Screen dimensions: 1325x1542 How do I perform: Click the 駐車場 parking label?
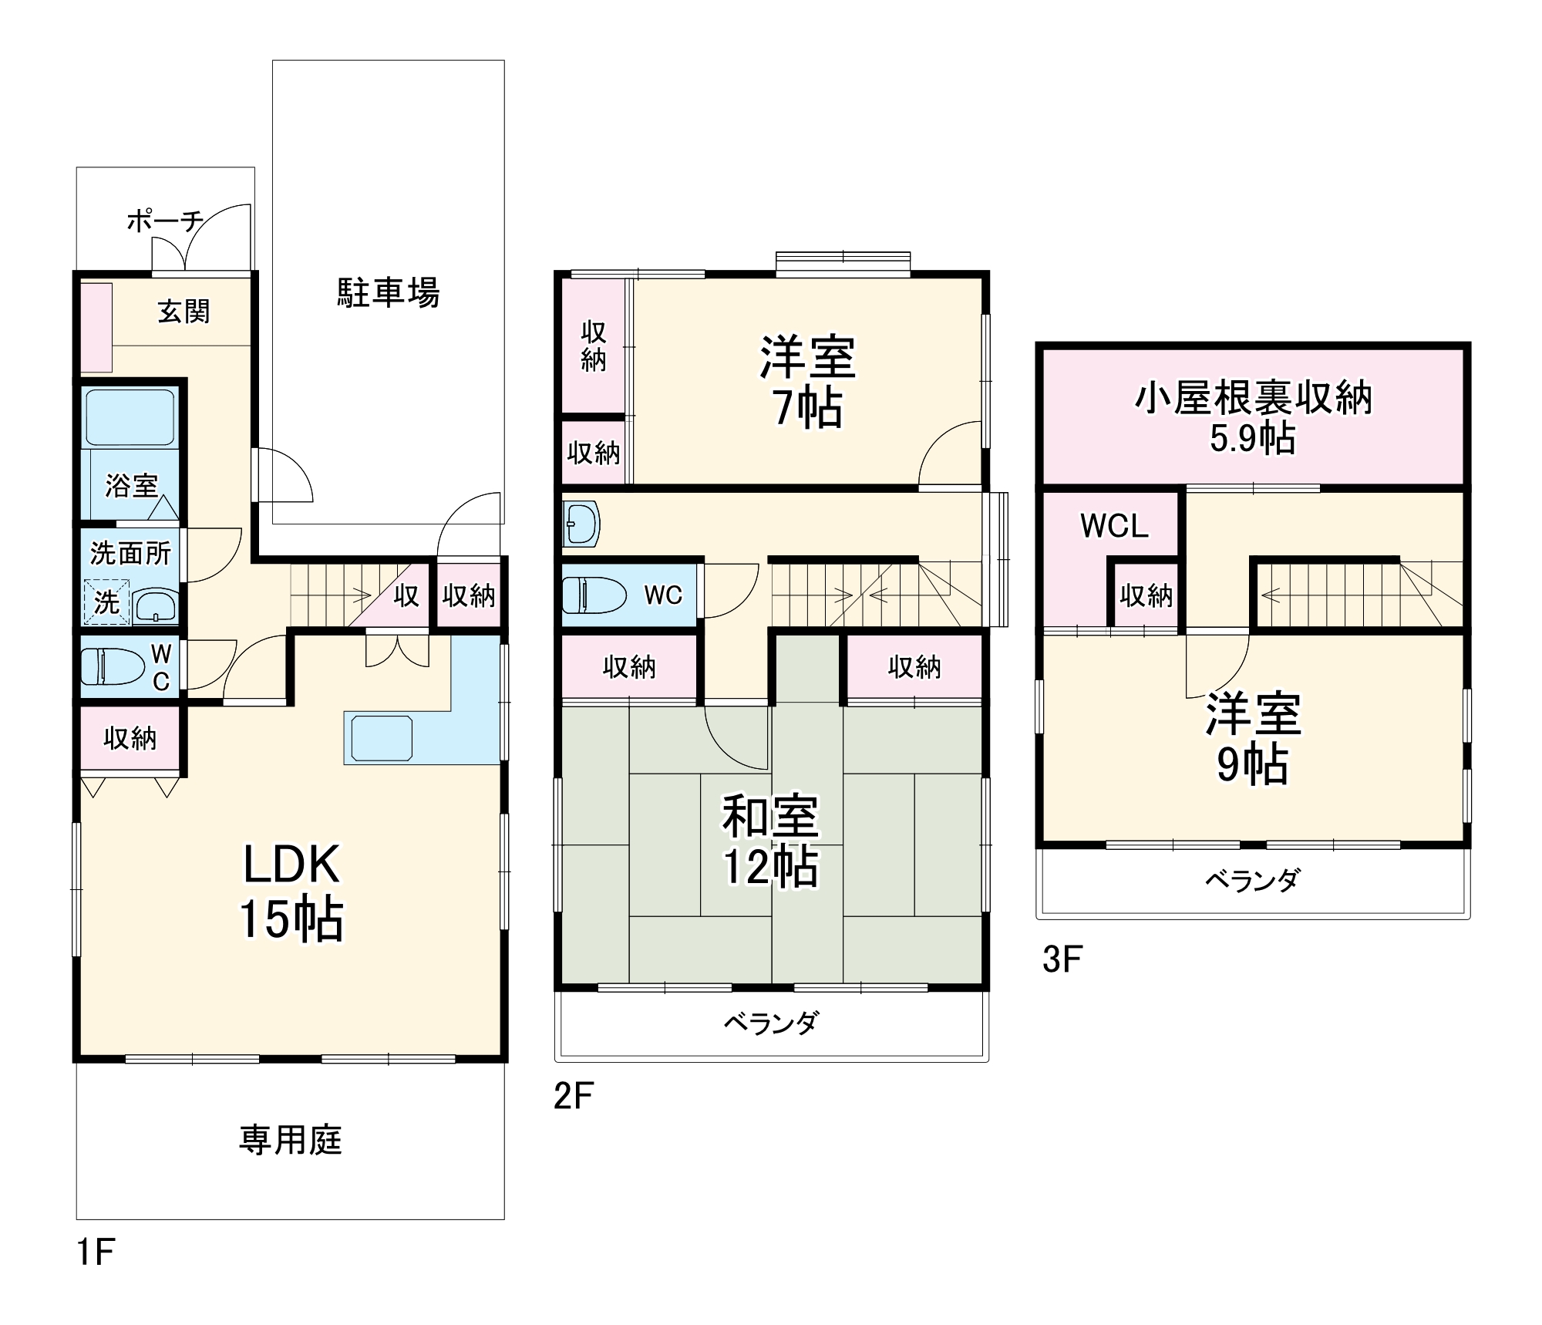click(x=388, y=293)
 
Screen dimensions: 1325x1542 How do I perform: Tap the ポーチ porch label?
click(x=164, y=221)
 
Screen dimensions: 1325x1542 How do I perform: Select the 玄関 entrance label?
click(x=183, y=312)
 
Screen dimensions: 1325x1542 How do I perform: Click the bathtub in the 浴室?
click(x=130, y=417)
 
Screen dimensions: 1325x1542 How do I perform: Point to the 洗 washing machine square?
click(x=106, y=602)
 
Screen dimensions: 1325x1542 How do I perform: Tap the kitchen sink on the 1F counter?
click(x=382, y=738)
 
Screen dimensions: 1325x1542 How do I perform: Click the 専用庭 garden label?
click(x=290, y=1140)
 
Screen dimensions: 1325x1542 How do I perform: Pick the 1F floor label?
click(x=96, y=1251)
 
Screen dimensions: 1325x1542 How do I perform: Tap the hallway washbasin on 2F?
click(x=581, y=524)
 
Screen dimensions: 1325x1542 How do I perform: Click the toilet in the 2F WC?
click(x=594, y=595)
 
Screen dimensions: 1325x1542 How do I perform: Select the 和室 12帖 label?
click(x=770, y=841)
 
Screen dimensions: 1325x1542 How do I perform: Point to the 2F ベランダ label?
click(x=770, y=1023)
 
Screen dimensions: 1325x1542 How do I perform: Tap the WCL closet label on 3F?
click(x=1114, y=526)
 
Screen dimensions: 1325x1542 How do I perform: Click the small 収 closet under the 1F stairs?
click(x=406, y=595)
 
